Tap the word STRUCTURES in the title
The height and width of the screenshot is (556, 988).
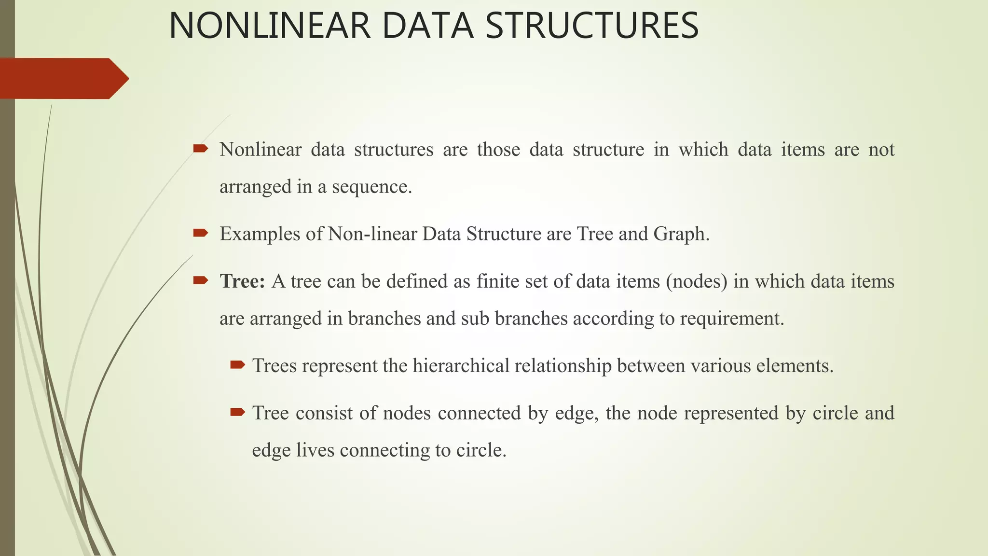click(592, 26)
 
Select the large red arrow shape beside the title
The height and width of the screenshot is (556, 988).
click(63, 78)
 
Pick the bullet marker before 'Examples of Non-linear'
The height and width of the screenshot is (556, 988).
click(200, 233)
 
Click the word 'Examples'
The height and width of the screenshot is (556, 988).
click(260, 234)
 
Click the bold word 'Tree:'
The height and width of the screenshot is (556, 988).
click(242, 281)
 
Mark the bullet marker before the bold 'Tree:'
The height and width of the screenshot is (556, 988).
click(200, 280)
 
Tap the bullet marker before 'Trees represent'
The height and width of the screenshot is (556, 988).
click(237, 364)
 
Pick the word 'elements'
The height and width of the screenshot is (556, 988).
click(793, 366)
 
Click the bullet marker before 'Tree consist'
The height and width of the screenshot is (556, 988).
click(237, 412)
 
